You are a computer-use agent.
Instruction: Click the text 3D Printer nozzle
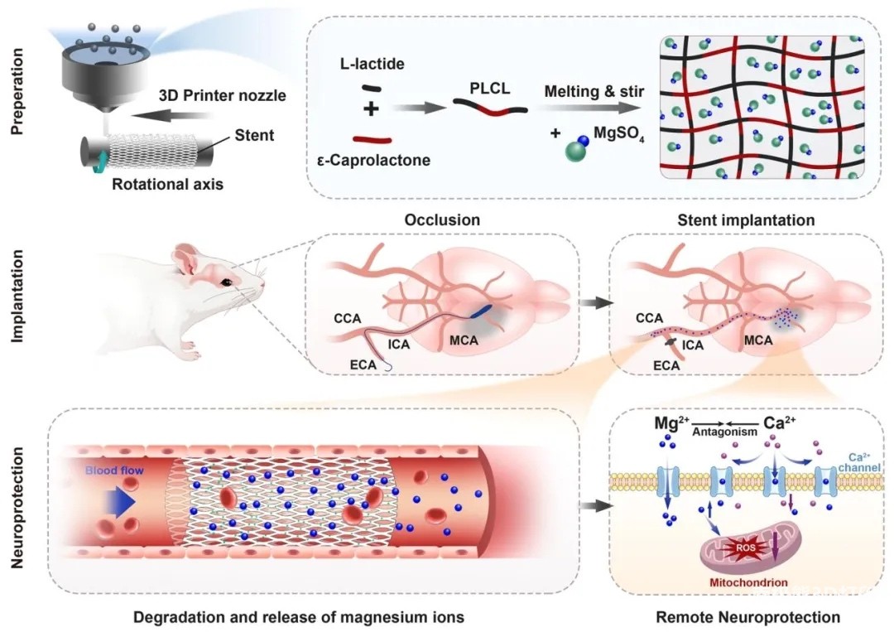[222, 95]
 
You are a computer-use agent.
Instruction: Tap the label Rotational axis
[167, 184]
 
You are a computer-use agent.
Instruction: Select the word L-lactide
[372, 64]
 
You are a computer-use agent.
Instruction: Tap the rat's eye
[225, 284]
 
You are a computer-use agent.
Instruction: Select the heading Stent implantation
[746, 220]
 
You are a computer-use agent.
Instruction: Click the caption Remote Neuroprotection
[747, 617]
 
